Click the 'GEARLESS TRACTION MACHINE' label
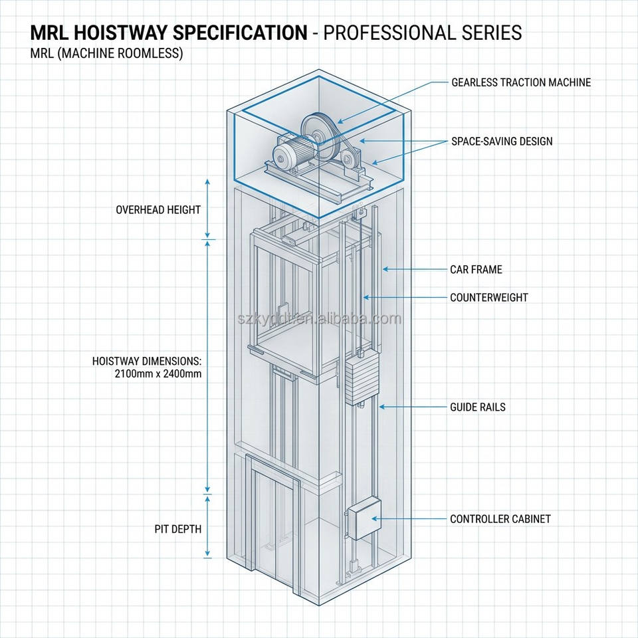pos(521,82)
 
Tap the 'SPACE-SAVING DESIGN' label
pos(502,141)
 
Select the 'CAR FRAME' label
pos(476,269)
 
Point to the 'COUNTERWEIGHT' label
pos(488,298)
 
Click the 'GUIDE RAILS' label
pos(477,407)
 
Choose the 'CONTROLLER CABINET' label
pos(500,519)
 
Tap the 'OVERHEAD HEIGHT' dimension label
pos(158,210)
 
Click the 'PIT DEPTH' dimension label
pos(178,529)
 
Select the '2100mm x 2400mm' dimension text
pos(158,373)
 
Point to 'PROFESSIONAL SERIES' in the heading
pos(423,33)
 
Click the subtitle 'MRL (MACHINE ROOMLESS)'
pos(106,53)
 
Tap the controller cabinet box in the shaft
pos(364,518)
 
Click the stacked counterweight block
pos(362,378)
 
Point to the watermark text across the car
pos(320,318)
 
